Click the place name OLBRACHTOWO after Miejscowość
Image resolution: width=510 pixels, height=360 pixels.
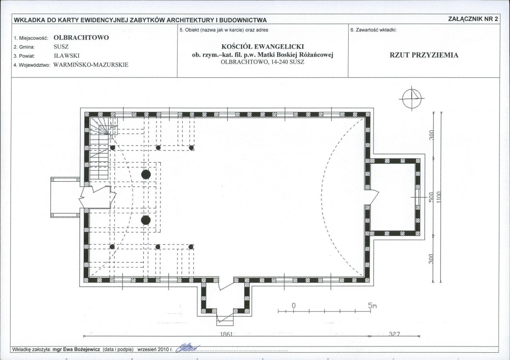81,37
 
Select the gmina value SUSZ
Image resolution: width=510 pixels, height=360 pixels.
61,47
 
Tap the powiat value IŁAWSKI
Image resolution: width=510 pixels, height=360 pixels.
67,56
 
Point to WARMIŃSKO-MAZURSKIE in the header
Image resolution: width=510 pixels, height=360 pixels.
91,65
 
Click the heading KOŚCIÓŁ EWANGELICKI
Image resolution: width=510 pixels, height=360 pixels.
263,46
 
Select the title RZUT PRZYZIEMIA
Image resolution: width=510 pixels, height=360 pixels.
424,55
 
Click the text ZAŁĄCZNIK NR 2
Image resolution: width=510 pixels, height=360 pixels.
473,19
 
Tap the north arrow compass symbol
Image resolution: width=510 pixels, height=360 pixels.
412,98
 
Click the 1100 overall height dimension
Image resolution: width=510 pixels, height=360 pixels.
439,197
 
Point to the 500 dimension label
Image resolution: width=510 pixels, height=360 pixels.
431,197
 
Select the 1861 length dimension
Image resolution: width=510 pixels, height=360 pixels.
226,334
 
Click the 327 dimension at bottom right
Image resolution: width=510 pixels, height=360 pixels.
394,334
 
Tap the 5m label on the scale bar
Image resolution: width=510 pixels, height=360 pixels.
372,306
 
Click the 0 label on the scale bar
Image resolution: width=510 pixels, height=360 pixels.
294,306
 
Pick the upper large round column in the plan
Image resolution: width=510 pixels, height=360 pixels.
146,174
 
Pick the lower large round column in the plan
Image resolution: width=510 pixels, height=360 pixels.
146,220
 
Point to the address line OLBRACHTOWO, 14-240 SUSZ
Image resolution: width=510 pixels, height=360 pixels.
263,62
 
